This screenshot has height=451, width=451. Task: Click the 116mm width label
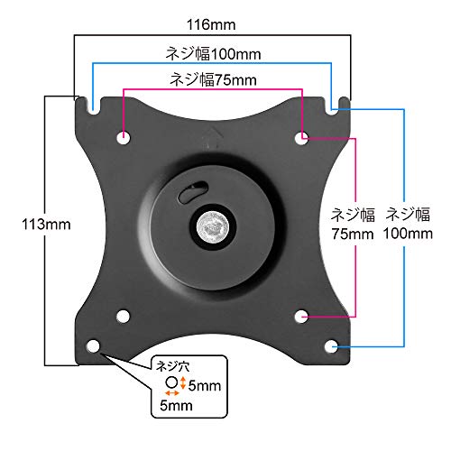click(x=211, y=24)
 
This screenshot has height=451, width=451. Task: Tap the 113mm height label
click(x=46, y=225)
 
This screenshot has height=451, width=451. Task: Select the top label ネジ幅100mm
click(x=213, y=54)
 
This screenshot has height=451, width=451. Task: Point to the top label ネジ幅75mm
click(x=213, y=80)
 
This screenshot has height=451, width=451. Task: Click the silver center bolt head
click(x=211, y=226)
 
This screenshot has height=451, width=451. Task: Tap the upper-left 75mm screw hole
click(x=124, y=138)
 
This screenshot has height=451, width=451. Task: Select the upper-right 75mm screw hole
click(x=301, y=138)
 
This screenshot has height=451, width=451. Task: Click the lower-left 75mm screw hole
click(x=123, y=317)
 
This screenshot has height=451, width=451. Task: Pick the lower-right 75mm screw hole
click(x=301, y=317)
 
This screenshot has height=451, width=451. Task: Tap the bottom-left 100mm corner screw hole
click(x=93, y=346)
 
